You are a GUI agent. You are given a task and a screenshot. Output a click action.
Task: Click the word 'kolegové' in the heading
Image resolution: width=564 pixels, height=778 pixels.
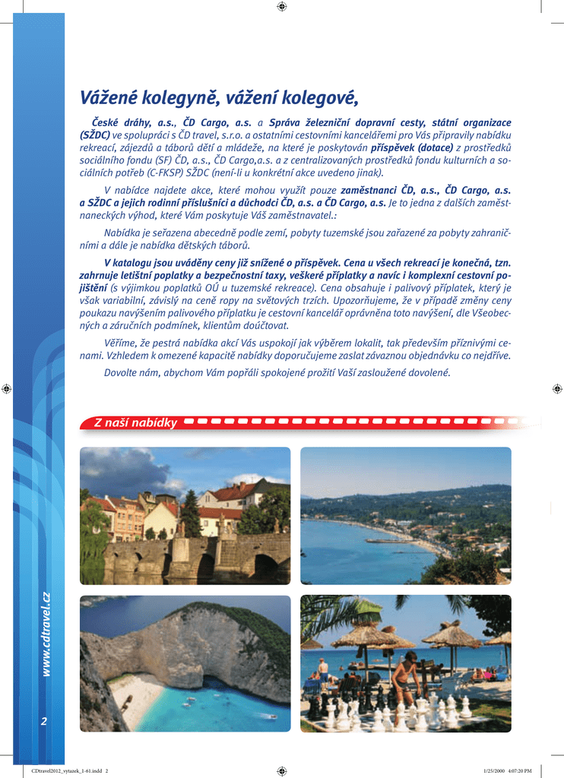point(318,98)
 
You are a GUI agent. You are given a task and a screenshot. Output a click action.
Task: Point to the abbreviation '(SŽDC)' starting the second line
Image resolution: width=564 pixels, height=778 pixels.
point(95,135)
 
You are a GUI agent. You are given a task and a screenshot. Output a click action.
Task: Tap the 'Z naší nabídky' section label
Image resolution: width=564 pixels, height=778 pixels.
point(135,422)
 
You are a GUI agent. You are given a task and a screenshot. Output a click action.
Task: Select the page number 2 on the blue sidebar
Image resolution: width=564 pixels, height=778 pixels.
point(44,721)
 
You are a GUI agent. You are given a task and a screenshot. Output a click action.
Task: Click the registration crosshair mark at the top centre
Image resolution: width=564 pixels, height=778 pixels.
point(282,7)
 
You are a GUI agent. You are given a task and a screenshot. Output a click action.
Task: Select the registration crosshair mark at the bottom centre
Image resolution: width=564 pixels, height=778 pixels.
point(282,770)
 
